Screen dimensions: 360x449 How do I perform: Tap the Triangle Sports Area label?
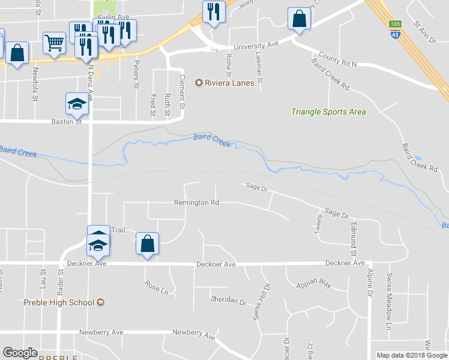328,112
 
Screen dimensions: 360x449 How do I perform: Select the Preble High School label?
59,302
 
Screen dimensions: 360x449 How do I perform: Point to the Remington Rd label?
196,203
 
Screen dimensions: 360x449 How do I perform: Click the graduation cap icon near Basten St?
76,104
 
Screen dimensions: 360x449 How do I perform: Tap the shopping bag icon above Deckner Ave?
147,244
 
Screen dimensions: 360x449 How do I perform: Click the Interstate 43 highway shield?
394,35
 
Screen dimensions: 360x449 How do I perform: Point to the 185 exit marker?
394,24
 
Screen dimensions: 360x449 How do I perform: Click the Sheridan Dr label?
228,300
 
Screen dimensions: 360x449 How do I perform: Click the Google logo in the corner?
20,353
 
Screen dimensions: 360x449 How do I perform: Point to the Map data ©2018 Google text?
411,355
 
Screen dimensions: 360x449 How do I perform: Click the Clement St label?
181,92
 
